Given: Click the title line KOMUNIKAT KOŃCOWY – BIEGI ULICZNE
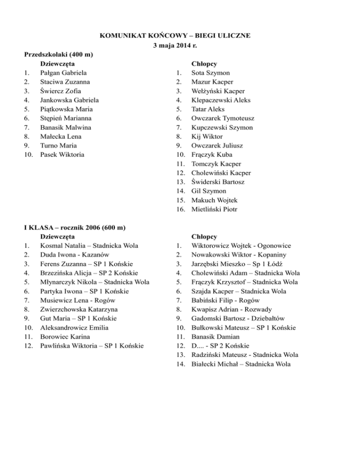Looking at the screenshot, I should click(x=180, y=36).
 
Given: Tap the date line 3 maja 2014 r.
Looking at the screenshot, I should click(x=180, y=45).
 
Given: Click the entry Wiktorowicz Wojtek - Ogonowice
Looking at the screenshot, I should click(x=241, y=246).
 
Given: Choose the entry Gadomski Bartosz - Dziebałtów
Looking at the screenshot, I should click(x=238, y=318).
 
